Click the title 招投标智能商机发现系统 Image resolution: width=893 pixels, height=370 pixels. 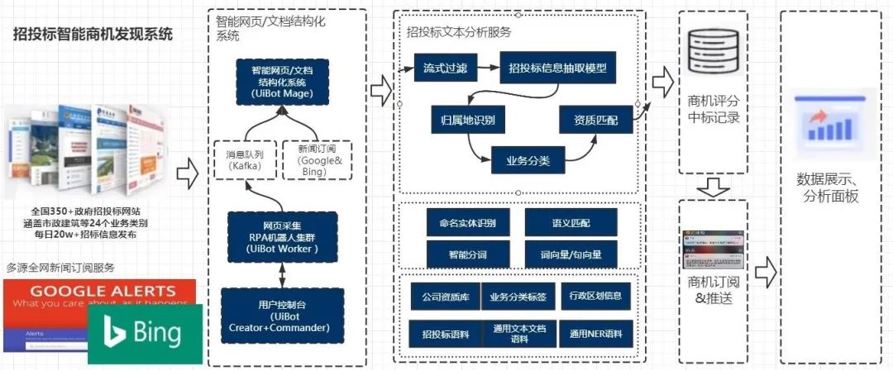(93, 34)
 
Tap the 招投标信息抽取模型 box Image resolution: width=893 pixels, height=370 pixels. (558, 67)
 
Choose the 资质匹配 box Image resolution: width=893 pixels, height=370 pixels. (596, 119)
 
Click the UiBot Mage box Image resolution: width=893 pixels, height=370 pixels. (283, 83)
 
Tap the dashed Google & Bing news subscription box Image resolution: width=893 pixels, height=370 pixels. (317, 160)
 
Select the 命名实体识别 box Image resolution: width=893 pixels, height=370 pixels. (462, 222)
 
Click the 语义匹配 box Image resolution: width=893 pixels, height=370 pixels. (571, 222)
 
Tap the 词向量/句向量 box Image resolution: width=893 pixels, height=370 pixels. (571, 254)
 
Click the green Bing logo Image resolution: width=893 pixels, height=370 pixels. (145, 334)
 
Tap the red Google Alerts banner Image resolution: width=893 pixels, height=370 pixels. (99, 295)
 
